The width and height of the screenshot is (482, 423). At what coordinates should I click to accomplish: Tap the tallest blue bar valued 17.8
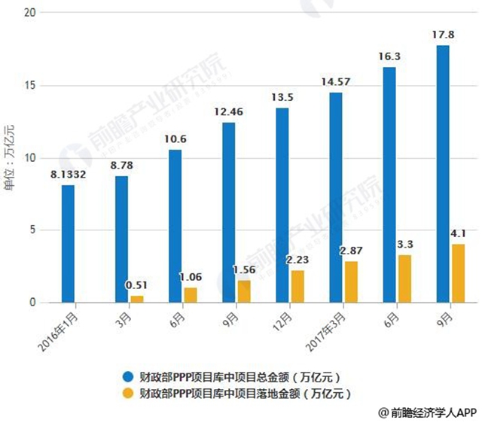[442, 174]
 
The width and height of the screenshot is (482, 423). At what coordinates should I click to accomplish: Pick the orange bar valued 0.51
[137, 299]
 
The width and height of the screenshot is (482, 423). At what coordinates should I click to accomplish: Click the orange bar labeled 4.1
[459, 273]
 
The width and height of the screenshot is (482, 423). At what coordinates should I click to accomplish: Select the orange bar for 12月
[297, 287]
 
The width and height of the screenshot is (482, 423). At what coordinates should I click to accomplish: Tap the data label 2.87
[352, 250]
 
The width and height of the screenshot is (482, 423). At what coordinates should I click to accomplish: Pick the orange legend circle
[130, 393]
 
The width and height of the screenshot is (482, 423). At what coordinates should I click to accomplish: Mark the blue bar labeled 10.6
[175, 226]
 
